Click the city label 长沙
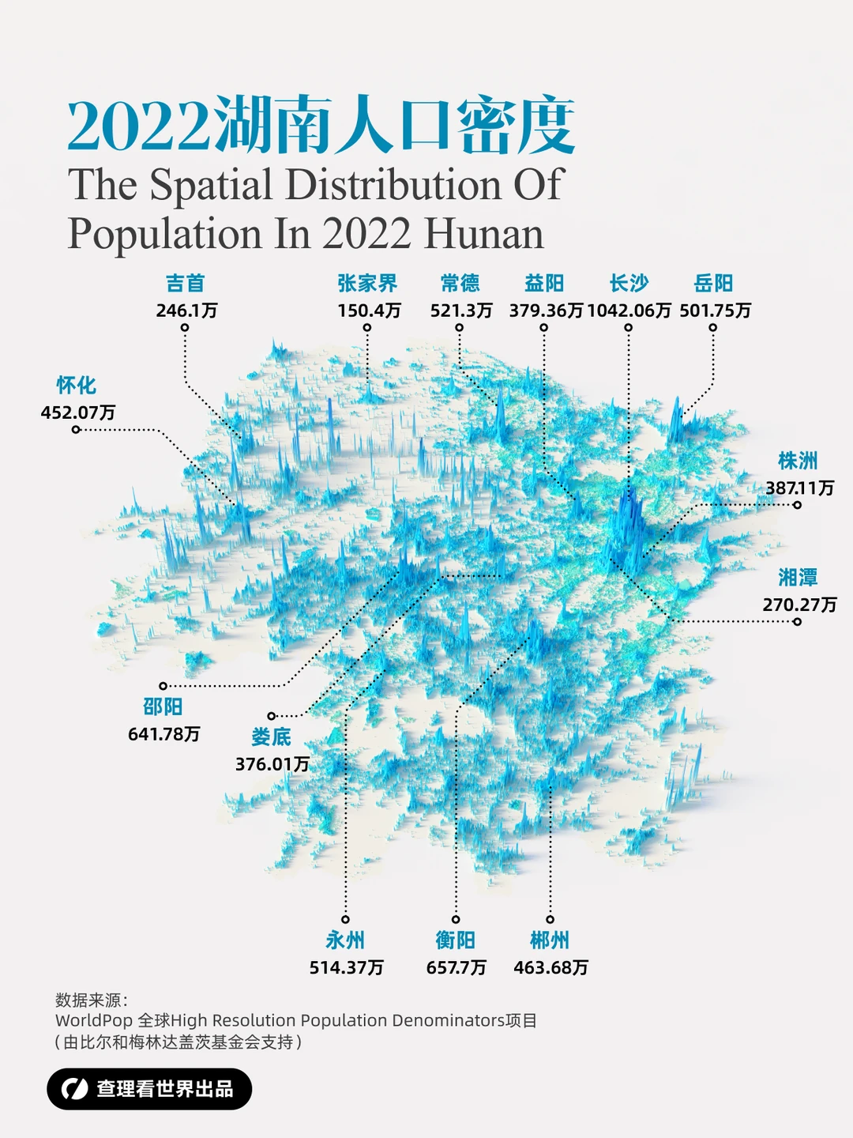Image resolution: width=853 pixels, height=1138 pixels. point(629,283)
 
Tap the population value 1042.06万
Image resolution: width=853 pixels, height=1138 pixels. point(629,310)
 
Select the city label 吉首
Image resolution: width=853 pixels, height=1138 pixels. point(185,283)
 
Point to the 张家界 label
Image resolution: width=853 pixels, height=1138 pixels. point(367,283)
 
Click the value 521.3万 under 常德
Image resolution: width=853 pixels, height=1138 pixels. point(460,310)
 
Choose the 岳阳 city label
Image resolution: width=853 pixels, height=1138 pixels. point(713,283)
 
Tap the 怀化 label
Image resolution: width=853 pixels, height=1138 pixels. point(76,385)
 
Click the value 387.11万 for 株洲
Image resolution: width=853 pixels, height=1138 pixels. point(799,488)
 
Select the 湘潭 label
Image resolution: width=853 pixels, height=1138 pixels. point(798,577)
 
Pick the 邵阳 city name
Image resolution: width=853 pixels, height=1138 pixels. point(163,707)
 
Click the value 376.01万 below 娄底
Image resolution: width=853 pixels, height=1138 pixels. point(272,764)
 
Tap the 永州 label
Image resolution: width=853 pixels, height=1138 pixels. point(345,940)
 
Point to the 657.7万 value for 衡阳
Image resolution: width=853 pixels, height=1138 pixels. point(456,967)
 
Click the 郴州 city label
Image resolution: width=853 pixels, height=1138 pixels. point(550,940)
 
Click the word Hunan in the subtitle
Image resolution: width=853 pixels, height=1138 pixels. point(483,234)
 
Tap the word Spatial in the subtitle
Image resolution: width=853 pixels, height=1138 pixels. point(210,185)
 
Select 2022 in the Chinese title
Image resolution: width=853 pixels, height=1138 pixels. point(139,126)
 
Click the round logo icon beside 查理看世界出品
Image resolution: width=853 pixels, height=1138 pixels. point(74,1089)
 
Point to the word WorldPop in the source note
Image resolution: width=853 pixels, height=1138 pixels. point(93,1020)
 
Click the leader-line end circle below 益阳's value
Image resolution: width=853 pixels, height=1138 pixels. point(543,327)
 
